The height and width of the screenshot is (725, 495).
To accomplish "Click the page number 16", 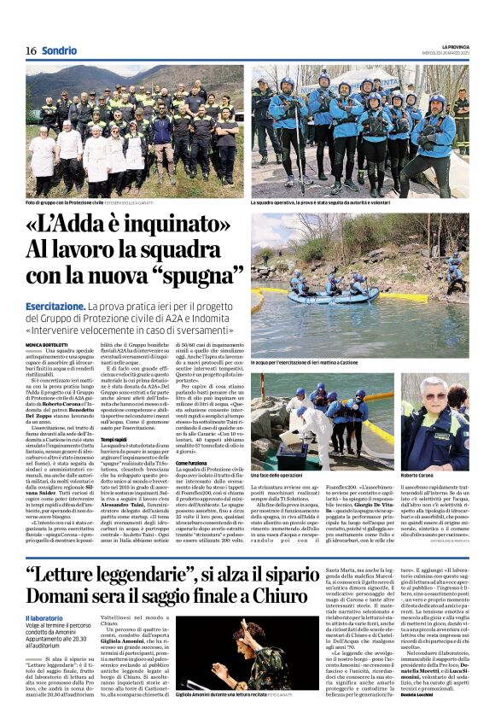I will [x=31, y=50].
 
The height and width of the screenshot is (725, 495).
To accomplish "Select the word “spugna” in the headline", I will [x=188, y=275].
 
